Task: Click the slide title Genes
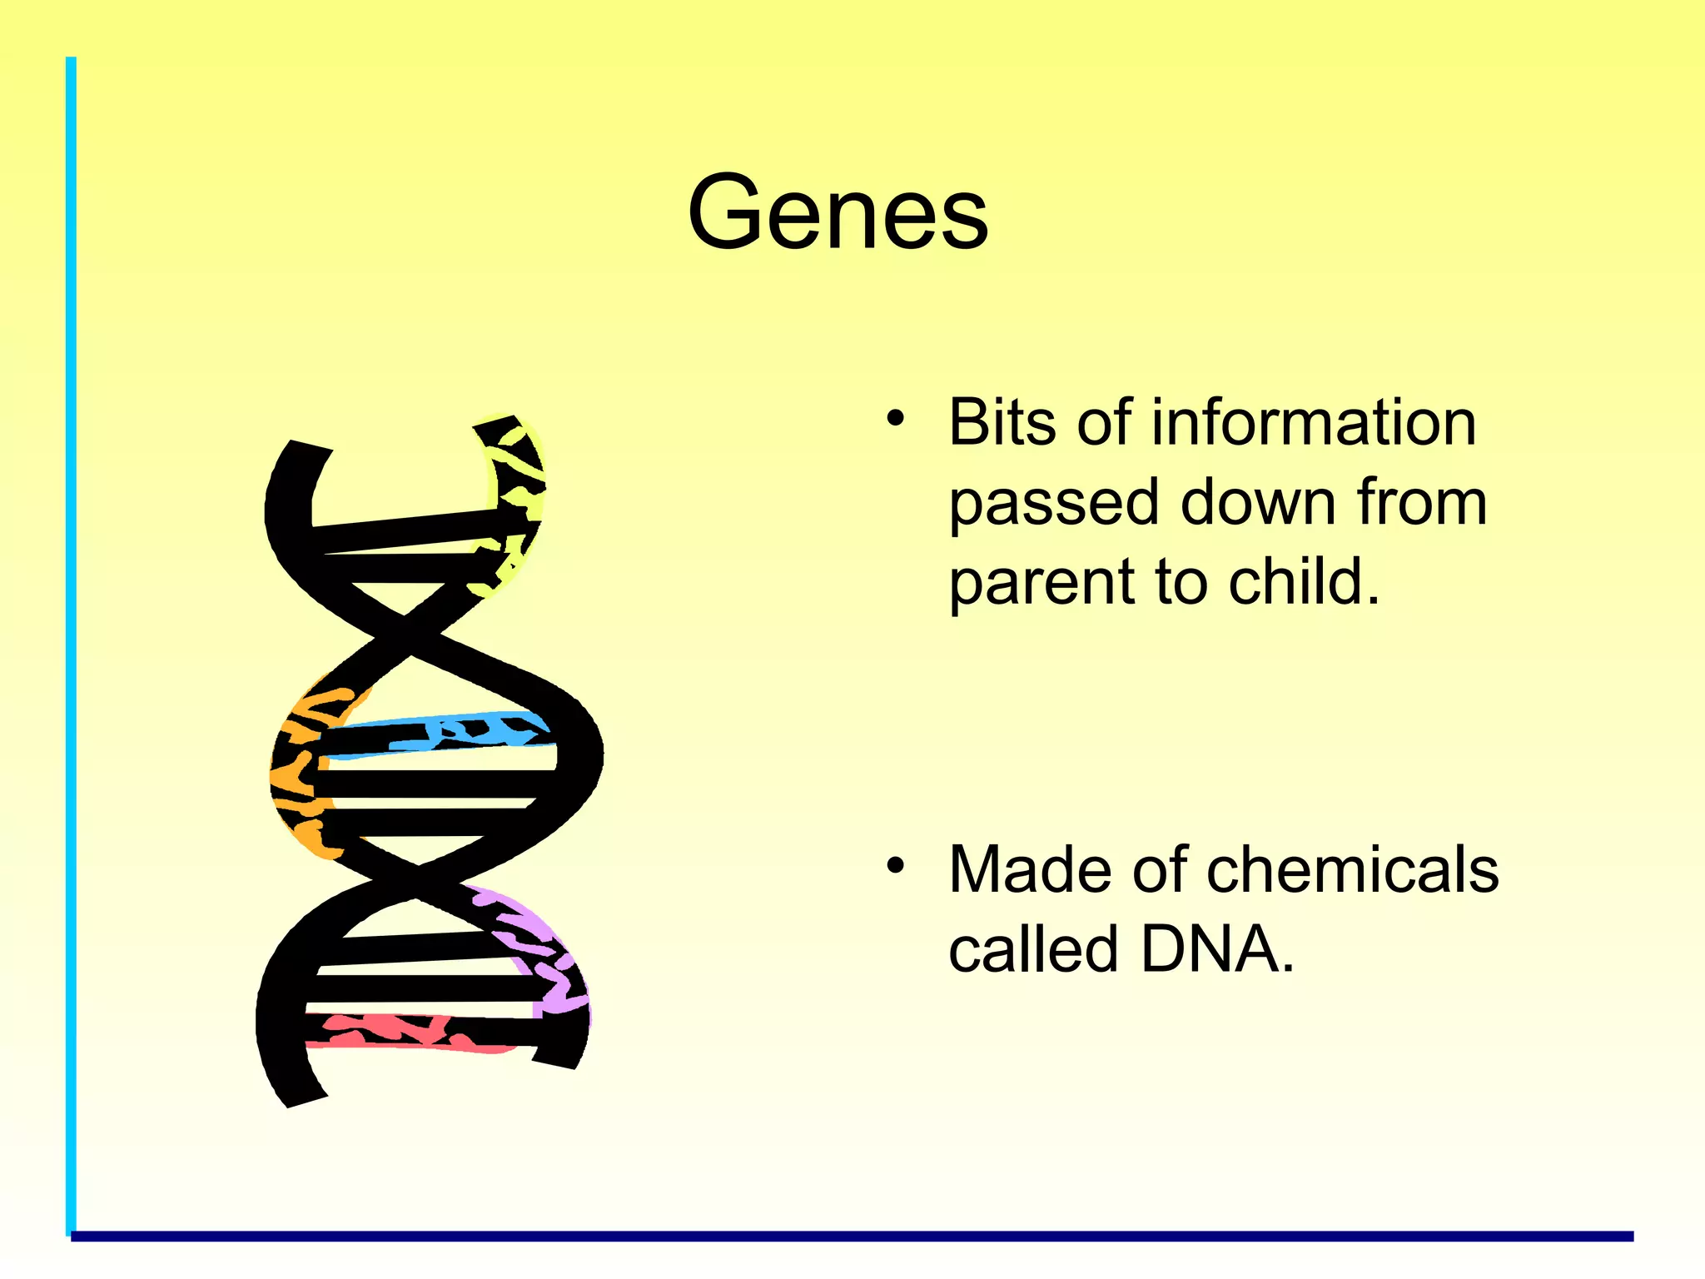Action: pyautogui.click(x=838, y=212)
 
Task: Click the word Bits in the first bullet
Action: pyautogui.click(x=1002, y=423)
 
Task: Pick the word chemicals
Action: pyautogui.click(x=1352, y=869)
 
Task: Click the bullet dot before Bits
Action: pyautogui.click(x=895, y=419)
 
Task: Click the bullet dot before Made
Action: pyautogui.click(x=895, y=866)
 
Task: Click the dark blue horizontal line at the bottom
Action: pyautogui.click(x=849, y=1237)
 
